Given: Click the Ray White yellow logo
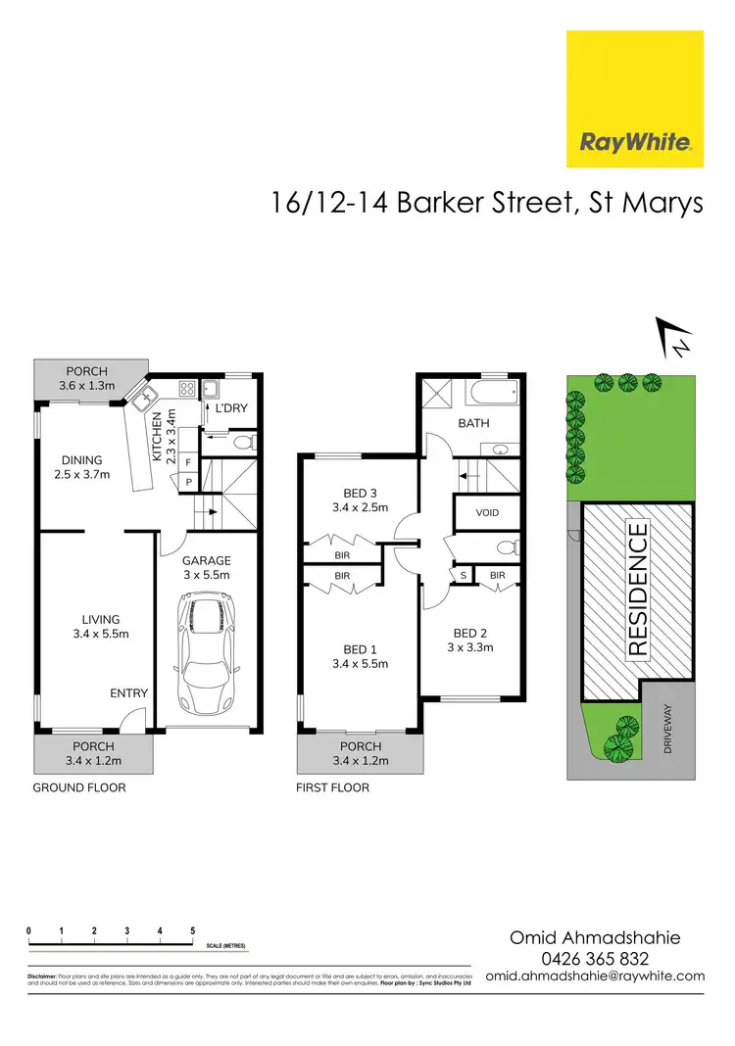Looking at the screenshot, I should [x=635, y=98].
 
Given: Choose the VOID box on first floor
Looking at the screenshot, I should [x=487, y=512].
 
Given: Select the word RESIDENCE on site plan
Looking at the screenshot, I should [x=638, y=590].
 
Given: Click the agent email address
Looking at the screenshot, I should [x=609, y=975].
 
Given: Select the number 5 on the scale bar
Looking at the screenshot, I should [x=192, y=930].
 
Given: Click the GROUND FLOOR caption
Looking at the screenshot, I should [x=79, y=787].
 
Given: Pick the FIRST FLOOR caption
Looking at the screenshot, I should [x=333, y=787].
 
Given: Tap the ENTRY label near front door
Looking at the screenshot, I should [x=129, y=693].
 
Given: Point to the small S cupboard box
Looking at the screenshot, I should [x=461, y=575].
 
